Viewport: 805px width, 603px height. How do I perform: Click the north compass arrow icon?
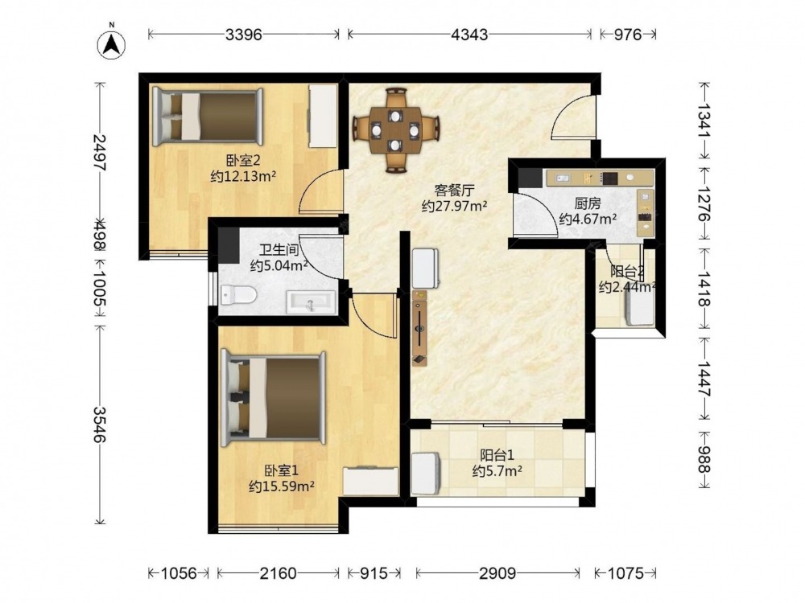tap(112, 44)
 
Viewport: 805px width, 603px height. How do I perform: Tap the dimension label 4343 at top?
tap(469, 35)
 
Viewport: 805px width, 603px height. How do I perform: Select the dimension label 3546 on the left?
tap(100, 425)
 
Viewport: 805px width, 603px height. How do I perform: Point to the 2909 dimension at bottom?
tap(497, 572)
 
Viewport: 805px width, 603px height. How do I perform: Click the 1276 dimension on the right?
tap(704, 203)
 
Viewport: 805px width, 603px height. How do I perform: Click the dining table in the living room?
tap(395, 130)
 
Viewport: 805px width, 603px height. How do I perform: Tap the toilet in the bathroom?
tap(239, 295)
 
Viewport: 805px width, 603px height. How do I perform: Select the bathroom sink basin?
tap(311, 302)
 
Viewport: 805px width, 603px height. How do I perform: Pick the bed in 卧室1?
tap(273, 399)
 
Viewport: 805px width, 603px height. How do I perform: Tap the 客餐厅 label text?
tap(454, 191)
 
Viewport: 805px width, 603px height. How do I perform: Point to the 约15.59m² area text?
tap(281, 486)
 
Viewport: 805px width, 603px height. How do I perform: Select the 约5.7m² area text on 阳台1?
tap(497, 470)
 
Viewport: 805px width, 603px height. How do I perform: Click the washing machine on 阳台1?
tap(426, 473)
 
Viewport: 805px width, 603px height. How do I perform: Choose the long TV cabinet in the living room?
tap(420, 328)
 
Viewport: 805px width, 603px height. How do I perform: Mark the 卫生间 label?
tap(279, 250)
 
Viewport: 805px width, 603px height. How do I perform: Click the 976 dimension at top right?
tap(629, 35)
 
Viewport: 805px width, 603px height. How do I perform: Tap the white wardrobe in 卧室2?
tap(323, 117)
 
